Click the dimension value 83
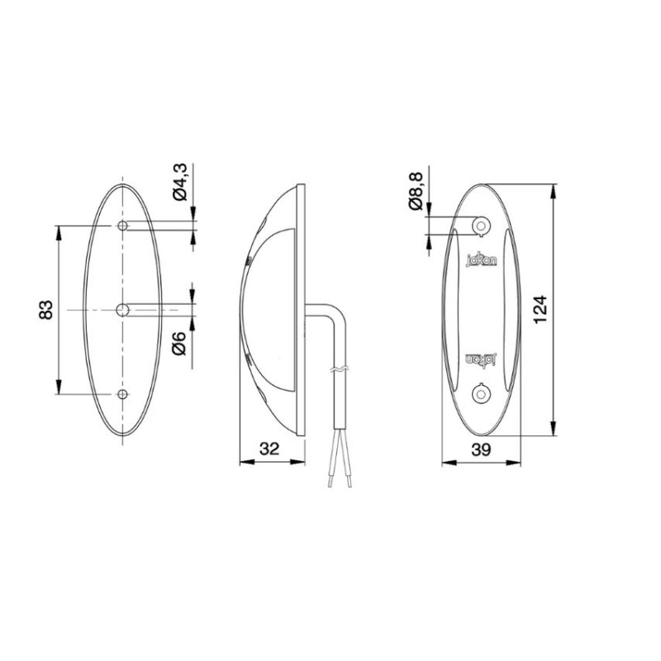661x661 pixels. (47, 311)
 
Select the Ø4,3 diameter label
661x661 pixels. (181, 183)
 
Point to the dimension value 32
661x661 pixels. (269, 449)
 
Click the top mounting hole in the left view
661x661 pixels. (122, 226)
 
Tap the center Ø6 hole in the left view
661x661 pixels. (122, 310)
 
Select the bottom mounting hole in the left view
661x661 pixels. (122, 396)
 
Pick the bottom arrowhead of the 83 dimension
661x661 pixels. (59, 390)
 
